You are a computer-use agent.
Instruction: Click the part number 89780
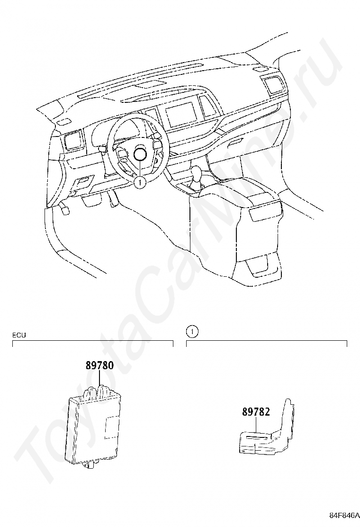point(100,366)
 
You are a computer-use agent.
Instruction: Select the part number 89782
point(256,412)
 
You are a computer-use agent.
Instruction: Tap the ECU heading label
point(19,335)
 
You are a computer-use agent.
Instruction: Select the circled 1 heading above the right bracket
point(191,331)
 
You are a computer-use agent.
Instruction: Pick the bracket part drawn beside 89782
point(268,434)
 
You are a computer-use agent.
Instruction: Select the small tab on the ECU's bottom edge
point(89,464)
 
